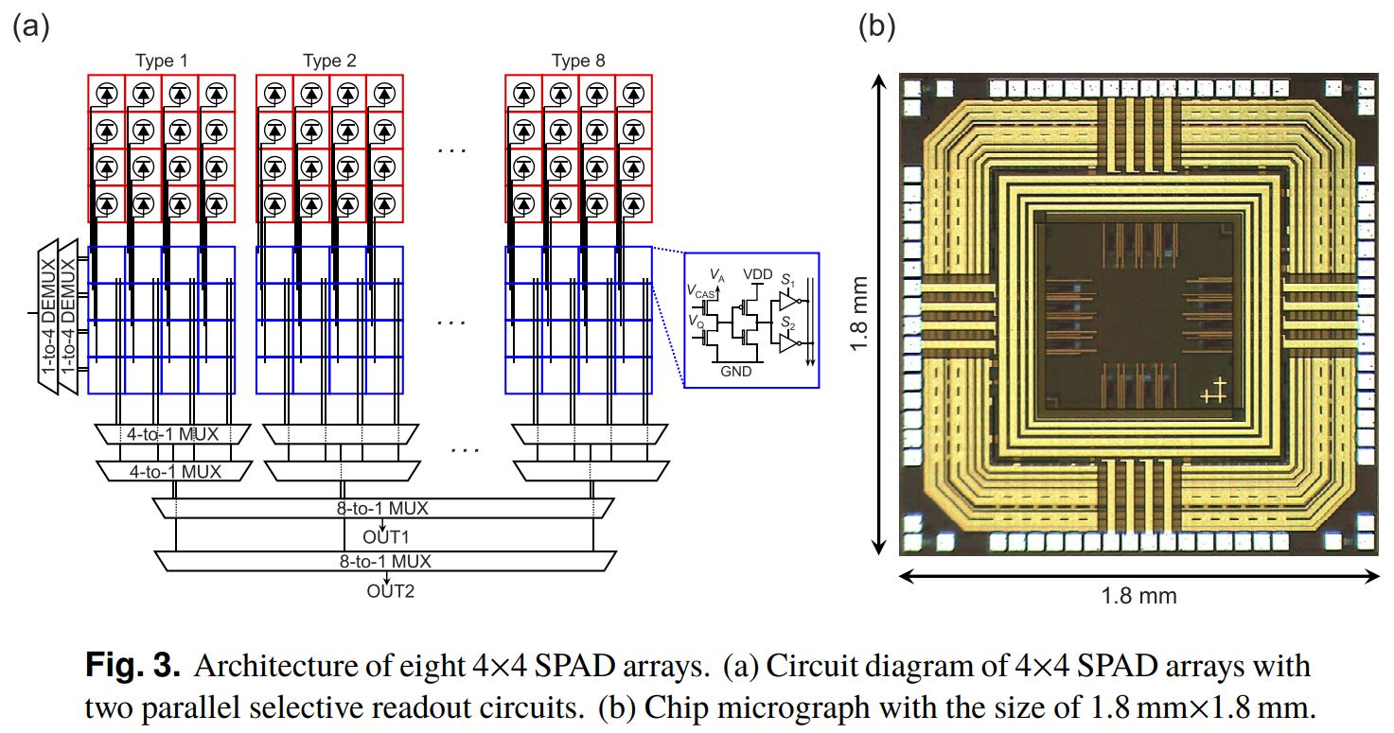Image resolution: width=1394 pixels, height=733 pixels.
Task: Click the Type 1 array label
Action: [162, 61]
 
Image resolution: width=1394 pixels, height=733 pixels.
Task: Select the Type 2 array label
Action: [329, 61]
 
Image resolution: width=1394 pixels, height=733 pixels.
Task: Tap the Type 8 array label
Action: [578, 61]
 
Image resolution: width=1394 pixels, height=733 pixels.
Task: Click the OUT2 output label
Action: [391, 593]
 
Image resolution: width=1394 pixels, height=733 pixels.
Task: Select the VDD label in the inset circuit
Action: [758, 273]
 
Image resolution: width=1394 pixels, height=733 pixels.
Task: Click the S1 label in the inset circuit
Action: [787, 282]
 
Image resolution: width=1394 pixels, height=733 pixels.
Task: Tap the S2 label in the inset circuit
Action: [787, 324]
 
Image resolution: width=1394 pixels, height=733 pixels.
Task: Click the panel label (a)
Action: [30, 26]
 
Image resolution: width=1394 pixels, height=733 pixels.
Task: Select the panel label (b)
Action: [876, 26]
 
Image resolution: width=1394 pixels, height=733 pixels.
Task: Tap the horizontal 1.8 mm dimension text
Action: [1138, 596]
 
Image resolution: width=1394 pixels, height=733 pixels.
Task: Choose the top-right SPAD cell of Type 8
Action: [633, 93]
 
